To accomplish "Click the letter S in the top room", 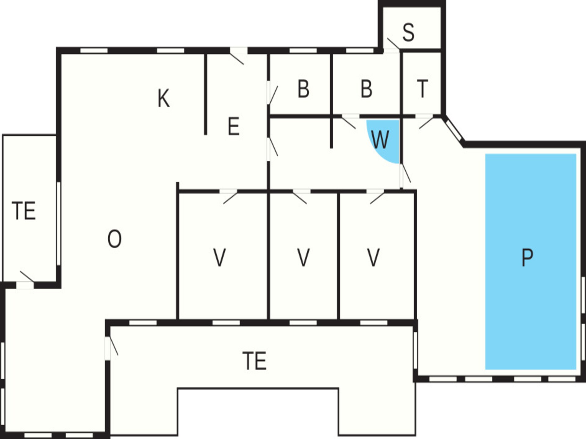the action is [x=408, y=32].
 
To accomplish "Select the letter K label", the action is [x=164, y=98].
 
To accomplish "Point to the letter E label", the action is [x=233, y=126].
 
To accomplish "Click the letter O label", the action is [x=114, y=239].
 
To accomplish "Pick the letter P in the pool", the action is [x=527, y=258].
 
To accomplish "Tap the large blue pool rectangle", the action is [x=531, y=262].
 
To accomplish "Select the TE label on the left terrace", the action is [x=24, y=211].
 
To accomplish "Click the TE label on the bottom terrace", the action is [x=255, y=361].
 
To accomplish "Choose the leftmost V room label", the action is [x=219, y=258].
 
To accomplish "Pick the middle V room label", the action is [x=303, y=258].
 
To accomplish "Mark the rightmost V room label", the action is [x=373, y=258].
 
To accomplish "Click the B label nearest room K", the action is [x=303, y=89].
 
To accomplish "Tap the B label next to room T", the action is [x=367, y=89].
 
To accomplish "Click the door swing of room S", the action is [x=393, y=44].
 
